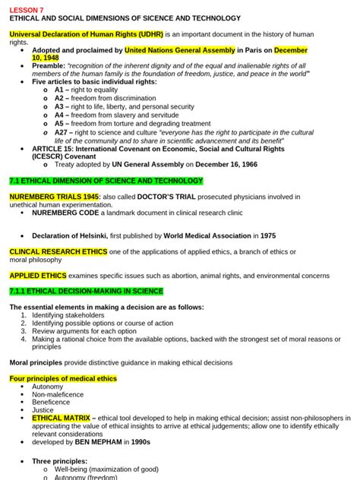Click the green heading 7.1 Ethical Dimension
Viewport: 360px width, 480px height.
(106, 182)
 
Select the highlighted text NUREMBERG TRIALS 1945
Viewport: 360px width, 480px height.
(54, 197)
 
